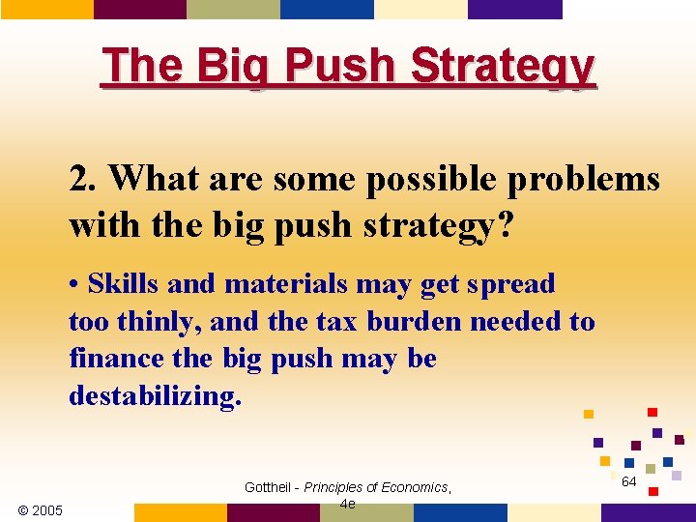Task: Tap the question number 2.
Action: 81,179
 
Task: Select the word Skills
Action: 122,284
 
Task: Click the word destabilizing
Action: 154,396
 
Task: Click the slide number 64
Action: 628,481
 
